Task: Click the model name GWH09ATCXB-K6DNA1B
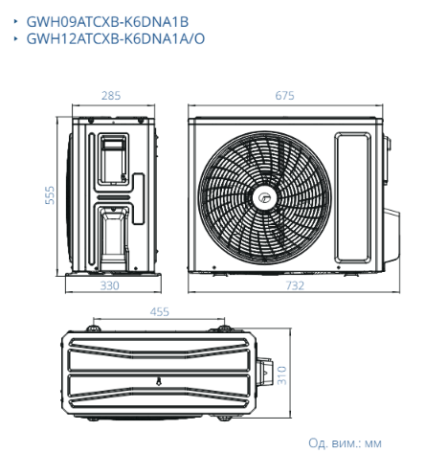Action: pyautogui.click(x=107, y=22)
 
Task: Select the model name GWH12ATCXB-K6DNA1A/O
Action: pyautogui.click(x=116, y=38)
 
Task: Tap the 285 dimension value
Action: pyautogui.click(x=111, y=96)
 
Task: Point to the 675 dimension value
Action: pyautogui.click(x=284, y=96)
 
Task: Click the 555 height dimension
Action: pyautogui.click(x=50, y=195)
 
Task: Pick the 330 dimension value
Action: pyautogui.click(x=110, y=285)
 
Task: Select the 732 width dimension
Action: pyautogui.click(x=295, y=285)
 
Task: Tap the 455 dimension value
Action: pyautogui.click(x=160, y=311)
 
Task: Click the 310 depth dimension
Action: pyautogui.click(x=281, y=375)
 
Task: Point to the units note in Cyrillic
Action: pyautogui.click(x=345, y=442)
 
